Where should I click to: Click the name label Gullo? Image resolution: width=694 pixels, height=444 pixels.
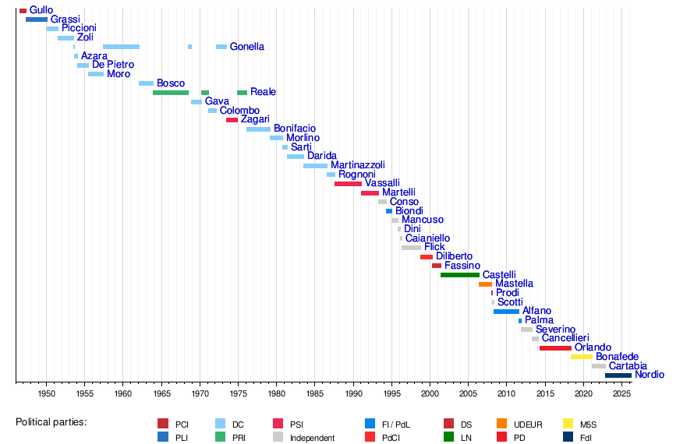41,10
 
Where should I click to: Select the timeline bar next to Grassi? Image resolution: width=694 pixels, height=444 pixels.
37,19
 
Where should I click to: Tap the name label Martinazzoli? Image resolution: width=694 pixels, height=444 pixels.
357,165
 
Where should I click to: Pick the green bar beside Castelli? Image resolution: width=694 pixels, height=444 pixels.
460,275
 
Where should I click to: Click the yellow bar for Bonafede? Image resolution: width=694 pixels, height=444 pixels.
582,357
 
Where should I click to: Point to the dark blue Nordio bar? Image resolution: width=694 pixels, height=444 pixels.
618,375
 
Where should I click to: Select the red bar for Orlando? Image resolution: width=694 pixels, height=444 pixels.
555,348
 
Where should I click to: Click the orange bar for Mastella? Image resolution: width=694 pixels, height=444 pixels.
485,284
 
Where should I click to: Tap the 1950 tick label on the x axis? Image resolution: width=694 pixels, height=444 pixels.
46,393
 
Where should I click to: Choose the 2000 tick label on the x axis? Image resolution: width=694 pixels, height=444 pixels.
430,393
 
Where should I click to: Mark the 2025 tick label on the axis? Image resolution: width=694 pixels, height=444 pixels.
622,393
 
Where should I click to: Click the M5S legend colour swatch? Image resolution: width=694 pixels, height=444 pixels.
568,424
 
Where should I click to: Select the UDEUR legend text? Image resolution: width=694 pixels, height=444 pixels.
529,425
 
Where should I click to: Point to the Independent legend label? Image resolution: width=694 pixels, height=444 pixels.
312,438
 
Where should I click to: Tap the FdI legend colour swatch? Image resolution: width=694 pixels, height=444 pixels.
568,438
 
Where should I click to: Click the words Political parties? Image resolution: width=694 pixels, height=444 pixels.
51,422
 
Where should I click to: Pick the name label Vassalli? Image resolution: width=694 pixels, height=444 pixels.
382,183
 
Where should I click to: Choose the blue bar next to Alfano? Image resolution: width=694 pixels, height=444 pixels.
506,312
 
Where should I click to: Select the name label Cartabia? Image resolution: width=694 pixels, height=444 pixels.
628,366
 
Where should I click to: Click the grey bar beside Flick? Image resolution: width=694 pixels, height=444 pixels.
411,248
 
